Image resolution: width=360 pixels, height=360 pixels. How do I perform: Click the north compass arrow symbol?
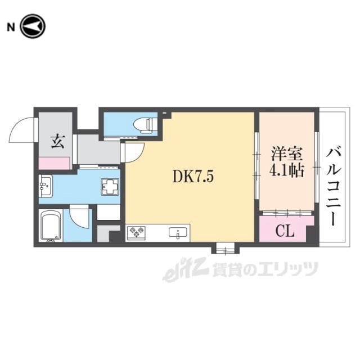pos(33,26)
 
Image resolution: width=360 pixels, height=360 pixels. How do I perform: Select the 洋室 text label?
pos(287,153)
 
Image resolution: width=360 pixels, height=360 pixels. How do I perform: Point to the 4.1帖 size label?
pos(287,170)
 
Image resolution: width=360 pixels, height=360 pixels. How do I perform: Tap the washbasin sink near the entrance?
pos(46,186)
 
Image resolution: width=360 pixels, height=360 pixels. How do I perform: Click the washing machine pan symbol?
pos(110,187)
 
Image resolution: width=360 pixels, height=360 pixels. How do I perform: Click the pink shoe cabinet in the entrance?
pos(55,163)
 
